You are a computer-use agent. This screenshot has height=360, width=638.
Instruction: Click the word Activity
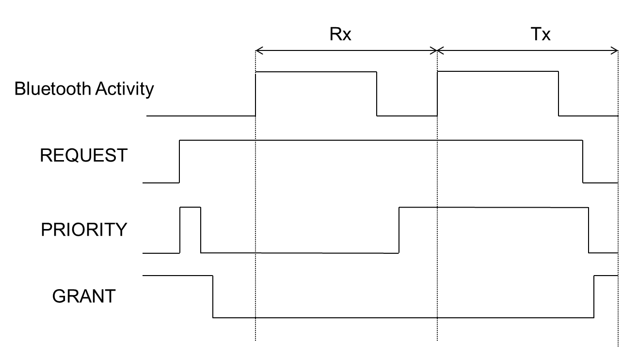[x=125, y=89]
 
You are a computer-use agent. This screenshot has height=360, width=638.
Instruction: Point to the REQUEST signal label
[x=84, y=156]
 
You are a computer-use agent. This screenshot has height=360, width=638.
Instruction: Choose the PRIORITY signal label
[x=84, y=229]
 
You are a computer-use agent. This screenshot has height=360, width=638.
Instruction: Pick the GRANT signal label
[x=84, y=295]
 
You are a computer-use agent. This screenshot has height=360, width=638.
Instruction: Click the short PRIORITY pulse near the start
[x=190, y=208]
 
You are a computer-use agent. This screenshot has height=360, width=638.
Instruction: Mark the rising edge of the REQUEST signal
[x=179, y=162]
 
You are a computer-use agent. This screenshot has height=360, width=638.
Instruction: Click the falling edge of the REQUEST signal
[x=583, y=162]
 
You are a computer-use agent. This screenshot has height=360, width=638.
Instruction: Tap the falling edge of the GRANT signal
[x=213, y=296]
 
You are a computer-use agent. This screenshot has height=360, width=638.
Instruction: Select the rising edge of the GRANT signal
[x=594, y=296]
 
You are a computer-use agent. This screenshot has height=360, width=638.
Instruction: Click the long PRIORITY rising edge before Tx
[x=399, y=230]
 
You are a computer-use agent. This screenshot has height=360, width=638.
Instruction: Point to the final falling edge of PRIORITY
[x=589, y=230]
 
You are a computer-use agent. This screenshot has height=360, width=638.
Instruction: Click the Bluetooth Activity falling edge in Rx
[x=377, y=94]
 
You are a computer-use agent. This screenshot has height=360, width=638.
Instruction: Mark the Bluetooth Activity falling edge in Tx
[x=558, y=94]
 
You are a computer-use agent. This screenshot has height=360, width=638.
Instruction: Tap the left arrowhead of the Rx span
[x=258, y=50]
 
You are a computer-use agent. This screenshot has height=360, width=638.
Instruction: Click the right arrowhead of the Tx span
[x=615, y=50]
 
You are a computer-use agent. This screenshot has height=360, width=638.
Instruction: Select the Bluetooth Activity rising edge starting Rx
[x=255, y=94]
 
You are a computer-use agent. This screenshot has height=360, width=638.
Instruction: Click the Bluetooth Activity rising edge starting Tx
[x=437, y=94]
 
